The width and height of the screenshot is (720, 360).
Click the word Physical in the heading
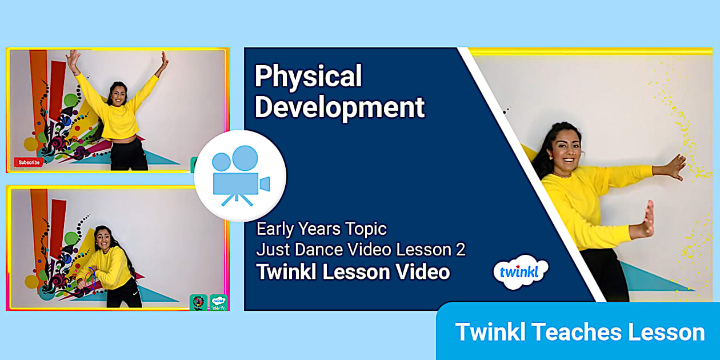pos(308,76)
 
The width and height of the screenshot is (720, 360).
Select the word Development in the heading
pos(339,107)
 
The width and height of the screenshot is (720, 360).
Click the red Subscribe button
pos(29,162)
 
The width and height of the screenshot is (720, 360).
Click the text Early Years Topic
pos(321,229)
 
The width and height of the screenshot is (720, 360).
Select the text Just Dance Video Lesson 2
pos(361,250)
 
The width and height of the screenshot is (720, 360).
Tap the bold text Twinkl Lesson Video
pos(353,272)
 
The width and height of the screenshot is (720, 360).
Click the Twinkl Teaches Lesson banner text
pos(579,332)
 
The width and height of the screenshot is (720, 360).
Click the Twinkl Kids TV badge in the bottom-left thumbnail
pos(218,301)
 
